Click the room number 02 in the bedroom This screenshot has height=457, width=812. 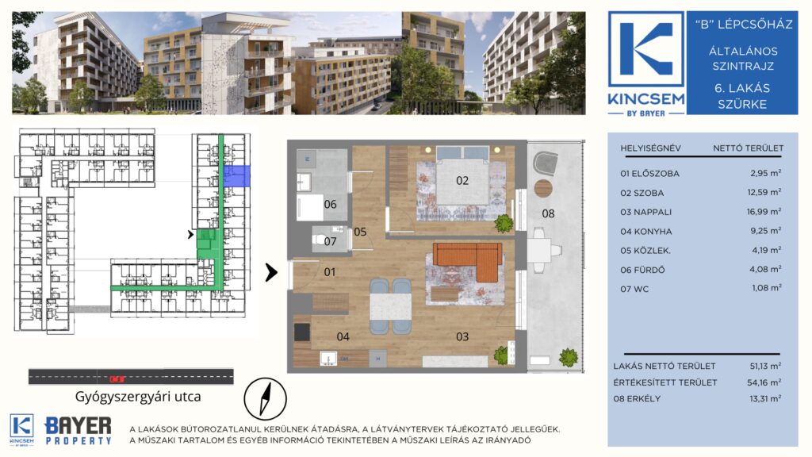pos(462,180)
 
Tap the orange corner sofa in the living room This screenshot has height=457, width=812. pos(471,258)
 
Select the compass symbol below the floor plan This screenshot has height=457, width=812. pos(265,399)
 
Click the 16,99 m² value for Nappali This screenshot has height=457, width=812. pos(764,211)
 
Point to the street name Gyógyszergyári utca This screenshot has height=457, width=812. pos(138,397)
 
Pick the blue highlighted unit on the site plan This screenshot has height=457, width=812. pos(236,176)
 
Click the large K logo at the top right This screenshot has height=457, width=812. pos(645,49)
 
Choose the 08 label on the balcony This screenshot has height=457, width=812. pos(548,213)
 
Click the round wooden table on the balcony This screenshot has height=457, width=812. pos(544,188)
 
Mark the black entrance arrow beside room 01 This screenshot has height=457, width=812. pos(271,272)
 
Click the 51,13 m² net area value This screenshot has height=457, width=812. pos(765,366)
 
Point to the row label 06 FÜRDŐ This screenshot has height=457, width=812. pos(642,270)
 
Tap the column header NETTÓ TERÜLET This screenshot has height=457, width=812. pos(748,148)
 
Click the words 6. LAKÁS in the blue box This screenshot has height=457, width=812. pos(742,88)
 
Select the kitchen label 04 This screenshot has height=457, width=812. pos(343,336)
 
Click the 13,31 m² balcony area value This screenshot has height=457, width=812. pos(765,398)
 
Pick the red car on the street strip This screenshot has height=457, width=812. pos(117,378)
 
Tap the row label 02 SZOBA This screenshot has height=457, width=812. pos(642,193)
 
